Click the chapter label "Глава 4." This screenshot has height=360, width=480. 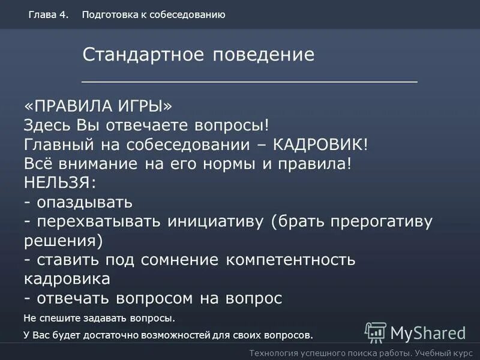tap(47, 15)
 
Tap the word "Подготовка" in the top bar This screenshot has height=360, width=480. tap(109, 15)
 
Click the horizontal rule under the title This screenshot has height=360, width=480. tap(249, 80)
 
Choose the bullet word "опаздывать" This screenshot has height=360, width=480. tap(84, 202)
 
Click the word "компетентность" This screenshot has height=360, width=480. tap(291, 260)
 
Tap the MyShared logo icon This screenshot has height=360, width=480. tap(376, 332)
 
